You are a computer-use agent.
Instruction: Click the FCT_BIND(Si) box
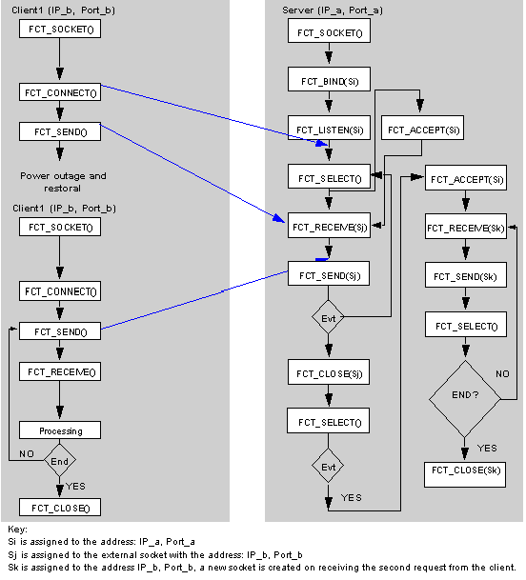coord(329,79)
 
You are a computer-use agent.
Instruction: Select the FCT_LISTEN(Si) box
coord(329,128)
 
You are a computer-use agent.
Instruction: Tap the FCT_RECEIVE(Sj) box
coord(329,226)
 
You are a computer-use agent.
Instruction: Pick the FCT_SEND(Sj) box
coord(329,273)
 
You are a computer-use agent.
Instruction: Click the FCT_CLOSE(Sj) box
coord(329,371)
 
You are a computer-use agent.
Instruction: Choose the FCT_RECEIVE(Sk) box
coord(466,226)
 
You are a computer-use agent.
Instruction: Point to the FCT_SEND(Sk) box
coord(466,275)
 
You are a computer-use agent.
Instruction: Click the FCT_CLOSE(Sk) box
coord(465,474)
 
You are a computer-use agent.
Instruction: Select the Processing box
coord(60,430)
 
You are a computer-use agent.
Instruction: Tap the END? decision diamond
coord(465,399)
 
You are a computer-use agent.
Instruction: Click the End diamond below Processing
coord(60,461)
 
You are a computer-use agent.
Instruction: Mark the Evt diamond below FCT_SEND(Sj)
coord(329,317)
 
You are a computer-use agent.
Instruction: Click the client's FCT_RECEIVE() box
coord(60,371)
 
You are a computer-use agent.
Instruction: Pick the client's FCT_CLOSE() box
coord(60,508)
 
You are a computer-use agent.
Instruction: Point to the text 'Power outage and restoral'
coord(63,182)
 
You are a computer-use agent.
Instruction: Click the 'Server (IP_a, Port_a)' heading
coord(332,10)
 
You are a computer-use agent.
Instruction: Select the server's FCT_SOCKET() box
coord(329,30)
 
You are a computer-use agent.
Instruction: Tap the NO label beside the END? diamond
coord(502,374)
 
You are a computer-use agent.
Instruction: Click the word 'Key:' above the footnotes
coord(17,530)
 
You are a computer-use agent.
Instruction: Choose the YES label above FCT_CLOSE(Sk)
coord(487,449)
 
